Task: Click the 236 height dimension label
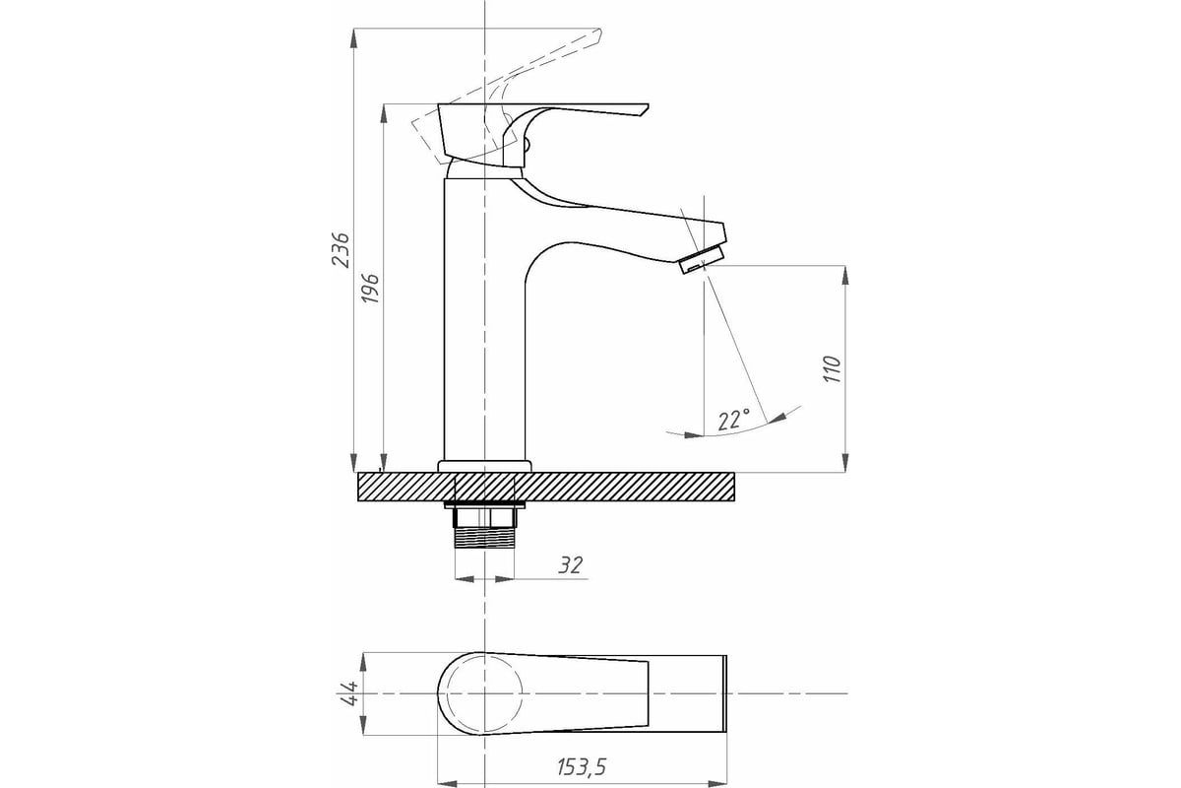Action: click(x=341, y=249)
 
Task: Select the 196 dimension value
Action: click(x=371, y=289)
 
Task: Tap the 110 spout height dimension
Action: click(x=833, y=369)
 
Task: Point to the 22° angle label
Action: click(x=734, y=420)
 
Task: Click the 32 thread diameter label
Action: click(x=571, y=565)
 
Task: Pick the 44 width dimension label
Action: click(x=349, y=693)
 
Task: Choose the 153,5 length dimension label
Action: click(x=582, y=767)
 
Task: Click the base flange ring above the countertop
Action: click(x=484, y=467)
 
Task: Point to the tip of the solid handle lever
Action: click(x=648, y=105)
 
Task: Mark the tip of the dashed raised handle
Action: click(x=600, y=29)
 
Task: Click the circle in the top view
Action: click(x=484, y=693)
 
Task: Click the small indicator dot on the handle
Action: click(x=527, y=143)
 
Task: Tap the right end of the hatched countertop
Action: click(x=734, y=487)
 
